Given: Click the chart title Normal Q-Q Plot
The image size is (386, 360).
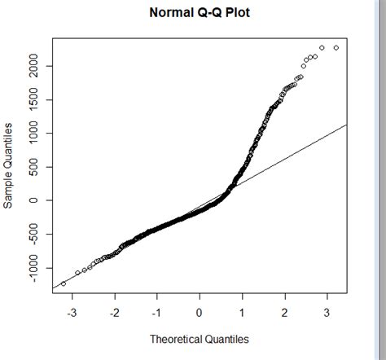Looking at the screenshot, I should pos(200,14).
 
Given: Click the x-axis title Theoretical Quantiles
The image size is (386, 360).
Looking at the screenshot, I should pos(200,339).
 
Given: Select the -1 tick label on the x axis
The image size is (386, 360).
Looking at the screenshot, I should pos(156,312).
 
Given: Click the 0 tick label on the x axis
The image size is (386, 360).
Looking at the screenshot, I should pos(200,312).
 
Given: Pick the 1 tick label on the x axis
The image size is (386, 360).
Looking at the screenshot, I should pos(242,312).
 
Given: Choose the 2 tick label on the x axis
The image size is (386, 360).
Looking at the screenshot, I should pos(284,312).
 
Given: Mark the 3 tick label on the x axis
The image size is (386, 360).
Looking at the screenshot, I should pos(327,312).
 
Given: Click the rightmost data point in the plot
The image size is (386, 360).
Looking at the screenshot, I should pos(336,48).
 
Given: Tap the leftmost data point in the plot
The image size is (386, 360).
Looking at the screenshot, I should pos(64,283).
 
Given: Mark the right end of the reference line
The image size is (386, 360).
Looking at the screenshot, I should pos(347,125).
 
